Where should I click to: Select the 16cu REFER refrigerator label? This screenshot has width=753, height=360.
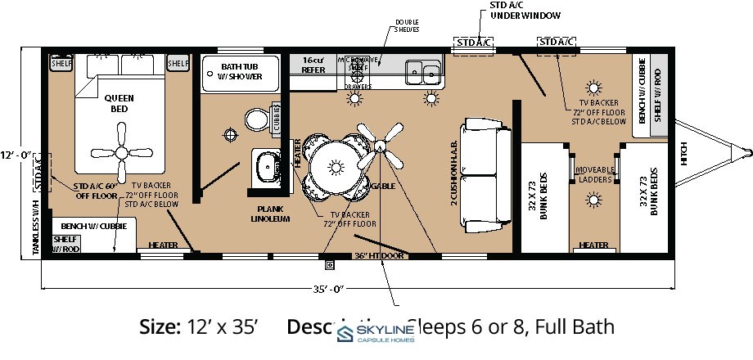click(x=313, y=65)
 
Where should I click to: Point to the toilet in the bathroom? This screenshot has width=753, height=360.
click(x=257, y=119)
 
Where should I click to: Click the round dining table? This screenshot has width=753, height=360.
click(x=336, y=167)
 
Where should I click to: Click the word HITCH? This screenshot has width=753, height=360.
click(x=683, y=154)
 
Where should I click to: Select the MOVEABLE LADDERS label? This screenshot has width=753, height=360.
click(x=595, y=174)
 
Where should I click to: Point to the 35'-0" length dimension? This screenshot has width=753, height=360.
click(x=326, y=288)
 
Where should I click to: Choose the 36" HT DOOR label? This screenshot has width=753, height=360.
click(x=380, y=256)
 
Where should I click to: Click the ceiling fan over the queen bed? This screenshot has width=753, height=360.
click(x=114, y=151)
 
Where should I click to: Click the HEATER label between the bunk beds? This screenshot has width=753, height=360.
click(x=593, y=245)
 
